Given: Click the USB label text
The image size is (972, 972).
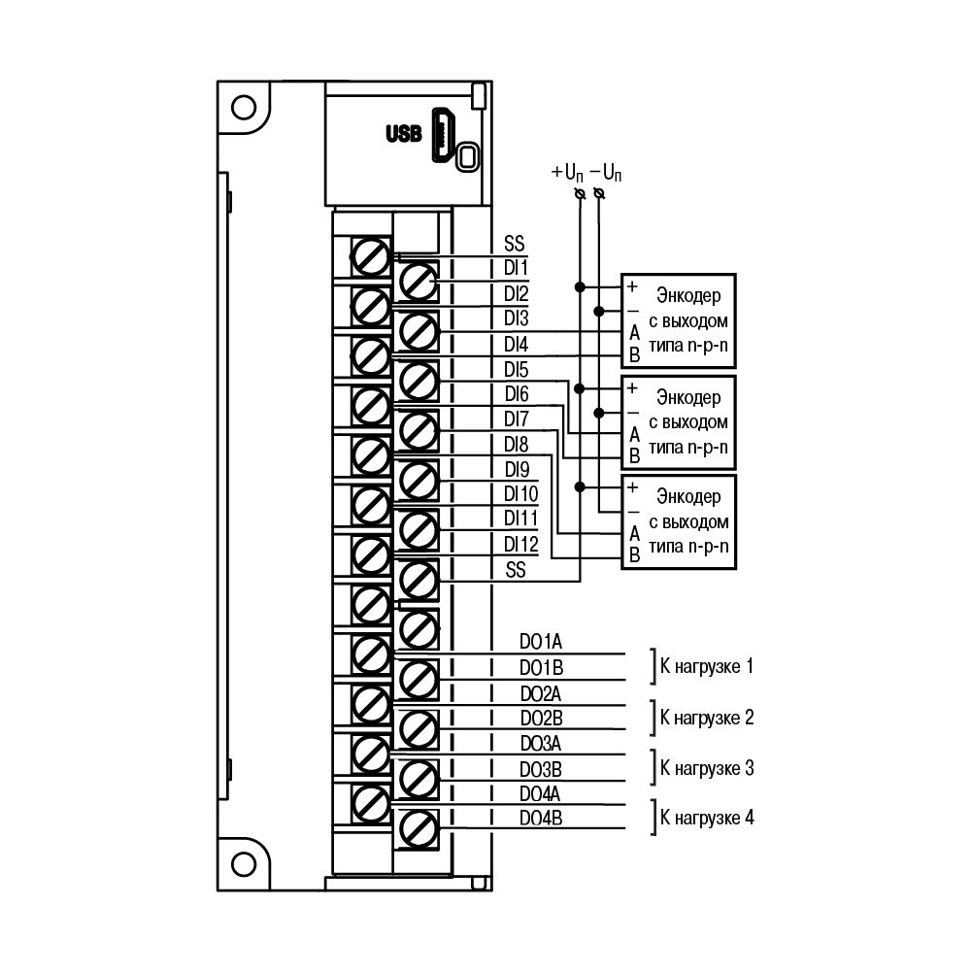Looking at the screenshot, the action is [x=404, y=133].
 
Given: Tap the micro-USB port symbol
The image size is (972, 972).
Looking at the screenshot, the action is [x=443, y=135].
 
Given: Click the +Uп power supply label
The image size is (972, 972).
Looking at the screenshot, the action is [x=567, y=172].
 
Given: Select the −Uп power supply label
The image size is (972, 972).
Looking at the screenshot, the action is [x=606, y=172].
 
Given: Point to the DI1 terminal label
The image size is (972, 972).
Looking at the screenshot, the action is [x=516, y=268].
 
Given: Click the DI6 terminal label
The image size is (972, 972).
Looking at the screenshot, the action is [x=517, y=393].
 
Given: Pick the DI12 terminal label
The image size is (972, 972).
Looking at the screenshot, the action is [x=520, y=545].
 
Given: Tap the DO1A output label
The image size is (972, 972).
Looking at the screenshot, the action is [x=541, y=642].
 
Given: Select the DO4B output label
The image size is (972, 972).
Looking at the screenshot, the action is [x=541, y=819].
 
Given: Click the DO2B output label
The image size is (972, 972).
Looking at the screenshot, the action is [x=541, y=718].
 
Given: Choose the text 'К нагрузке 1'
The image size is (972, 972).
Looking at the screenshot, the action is [x=707, y=667].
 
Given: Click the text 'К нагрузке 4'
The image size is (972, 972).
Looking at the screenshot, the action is [x=707, y=819].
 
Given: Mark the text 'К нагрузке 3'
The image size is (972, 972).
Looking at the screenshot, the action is [x=707, y=769].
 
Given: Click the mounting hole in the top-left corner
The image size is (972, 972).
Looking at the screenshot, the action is [x=244, y=107].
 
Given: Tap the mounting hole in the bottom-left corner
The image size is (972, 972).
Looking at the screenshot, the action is [x=244, y=864].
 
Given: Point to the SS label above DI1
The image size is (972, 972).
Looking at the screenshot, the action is [x=515, y=243].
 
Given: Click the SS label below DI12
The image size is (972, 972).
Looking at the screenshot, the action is [x=516, y=570].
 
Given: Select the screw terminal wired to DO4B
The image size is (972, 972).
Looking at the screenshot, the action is [x=419, y=829].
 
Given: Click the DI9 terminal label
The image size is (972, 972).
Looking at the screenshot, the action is [x=517, y=469].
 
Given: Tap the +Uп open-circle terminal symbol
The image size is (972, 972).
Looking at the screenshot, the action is [x=581, y=194].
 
